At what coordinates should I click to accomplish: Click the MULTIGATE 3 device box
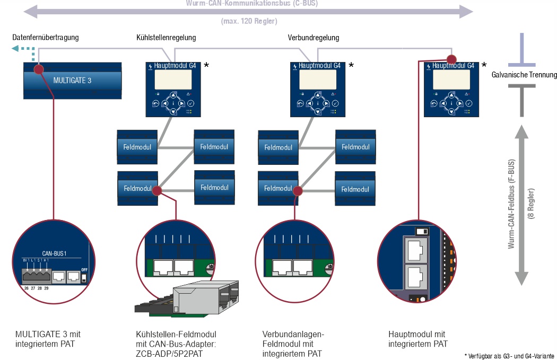72,80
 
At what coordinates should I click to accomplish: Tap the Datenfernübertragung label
46,38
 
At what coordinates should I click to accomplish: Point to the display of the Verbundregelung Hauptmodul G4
317,80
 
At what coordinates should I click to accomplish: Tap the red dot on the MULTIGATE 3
38,69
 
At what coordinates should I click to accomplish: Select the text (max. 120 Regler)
249,22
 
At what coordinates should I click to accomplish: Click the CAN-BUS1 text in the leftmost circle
54,253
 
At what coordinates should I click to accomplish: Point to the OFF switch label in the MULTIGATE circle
84,269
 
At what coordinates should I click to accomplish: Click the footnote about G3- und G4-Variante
509,356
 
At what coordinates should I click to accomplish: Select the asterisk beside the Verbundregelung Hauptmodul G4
351,65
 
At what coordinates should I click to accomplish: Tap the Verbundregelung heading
313,38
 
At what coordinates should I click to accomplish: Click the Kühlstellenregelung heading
166,38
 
